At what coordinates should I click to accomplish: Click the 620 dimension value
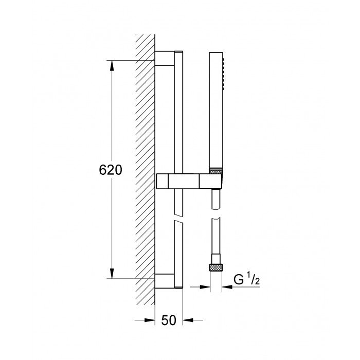[x=110, y=170]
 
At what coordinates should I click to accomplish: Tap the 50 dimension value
[x=169, y=320]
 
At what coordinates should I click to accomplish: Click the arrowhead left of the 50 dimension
[x=151, y=320]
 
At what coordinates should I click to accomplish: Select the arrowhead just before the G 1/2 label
[x=226, y=287]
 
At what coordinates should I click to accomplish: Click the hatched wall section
[x=145, y=170]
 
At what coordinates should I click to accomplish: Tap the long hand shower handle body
[x=216, y=113]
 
